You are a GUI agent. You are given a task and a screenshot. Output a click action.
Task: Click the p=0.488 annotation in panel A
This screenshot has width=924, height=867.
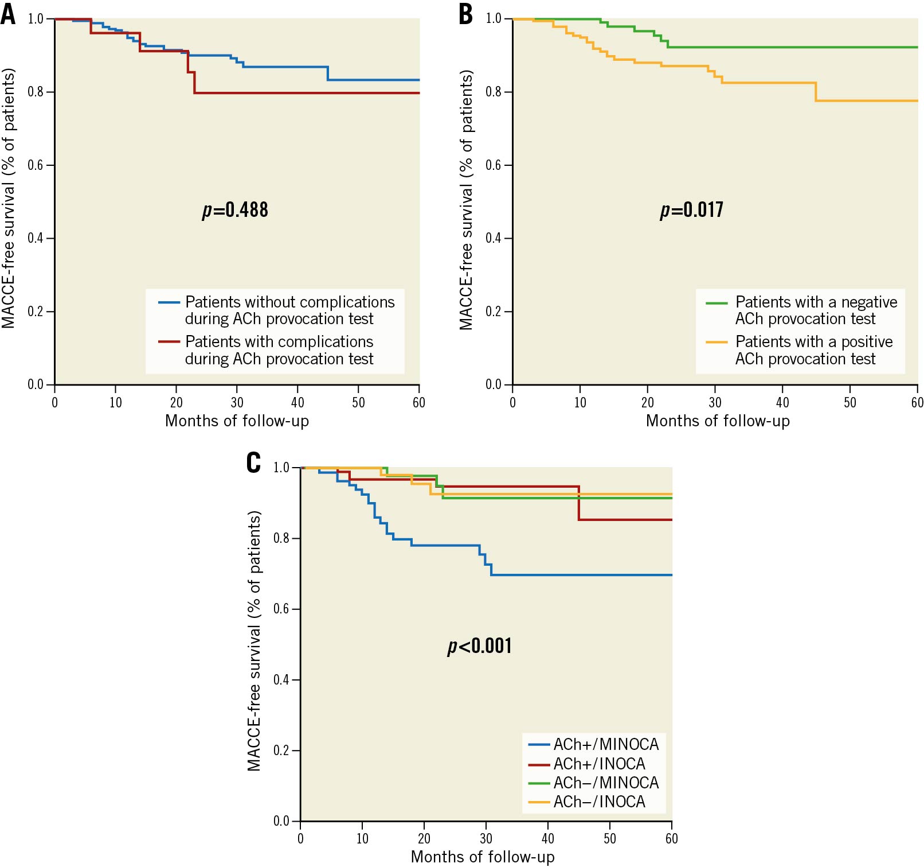click(x=235, y=210)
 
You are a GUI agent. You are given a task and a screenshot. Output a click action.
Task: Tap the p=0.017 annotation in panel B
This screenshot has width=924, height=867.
click(x=691, y=210)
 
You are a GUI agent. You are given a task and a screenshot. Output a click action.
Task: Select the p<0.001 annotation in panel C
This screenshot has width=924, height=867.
click(x=479, y=646)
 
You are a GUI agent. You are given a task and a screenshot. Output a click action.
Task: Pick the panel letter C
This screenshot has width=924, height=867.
click(x=253, y=462)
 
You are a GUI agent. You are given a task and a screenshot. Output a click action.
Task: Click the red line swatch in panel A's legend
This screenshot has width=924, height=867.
click(x=169, y=342)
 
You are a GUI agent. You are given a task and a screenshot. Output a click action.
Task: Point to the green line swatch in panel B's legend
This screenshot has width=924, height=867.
click(x=717, y=302)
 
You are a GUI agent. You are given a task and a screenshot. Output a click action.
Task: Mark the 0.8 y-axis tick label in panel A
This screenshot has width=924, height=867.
click(x=36, y=92)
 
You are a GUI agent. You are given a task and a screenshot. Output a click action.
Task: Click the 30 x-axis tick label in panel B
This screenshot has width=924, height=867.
click(x=715, y=403)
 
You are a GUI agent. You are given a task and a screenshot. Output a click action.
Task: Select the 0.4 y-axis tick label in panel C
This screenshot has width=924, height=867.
click(x=281, y=680)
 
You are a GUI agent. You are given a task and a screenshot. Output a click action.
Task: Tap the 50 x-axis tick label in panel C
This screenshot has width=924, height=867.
click(x=609, y=839)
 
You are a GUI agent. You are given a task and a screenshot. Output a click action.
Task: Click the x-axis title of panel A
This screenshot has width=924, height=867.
click(x=237, y=421)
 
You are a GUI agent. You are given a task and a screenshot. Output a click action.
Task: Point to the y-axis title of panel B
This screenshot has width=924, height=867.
click(x=467, y=200)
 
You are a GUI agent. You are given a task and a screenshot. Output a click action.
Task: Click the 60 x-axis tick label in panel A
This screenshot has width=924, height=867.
click(x=419, y=403)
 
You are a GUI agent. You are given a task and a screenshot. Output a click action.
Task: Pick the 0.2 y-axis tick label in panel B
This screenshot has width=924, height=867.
click(x=494, y=312)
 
